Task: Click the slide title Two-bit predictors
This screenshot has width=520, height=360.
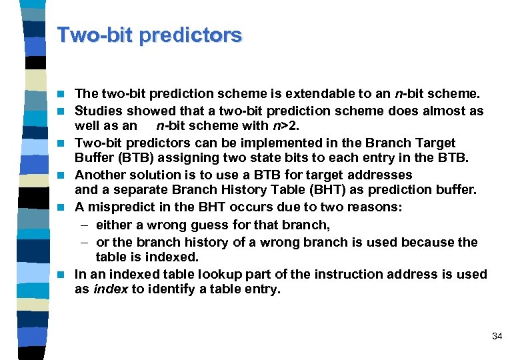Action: point(149,35)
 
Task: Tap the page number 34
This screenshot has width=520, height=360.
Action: point(497,337)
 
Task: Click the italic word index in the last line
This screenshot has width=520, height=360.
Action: point(110,289)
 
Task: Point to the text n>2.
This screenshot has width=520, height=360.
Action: point(283,125)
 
